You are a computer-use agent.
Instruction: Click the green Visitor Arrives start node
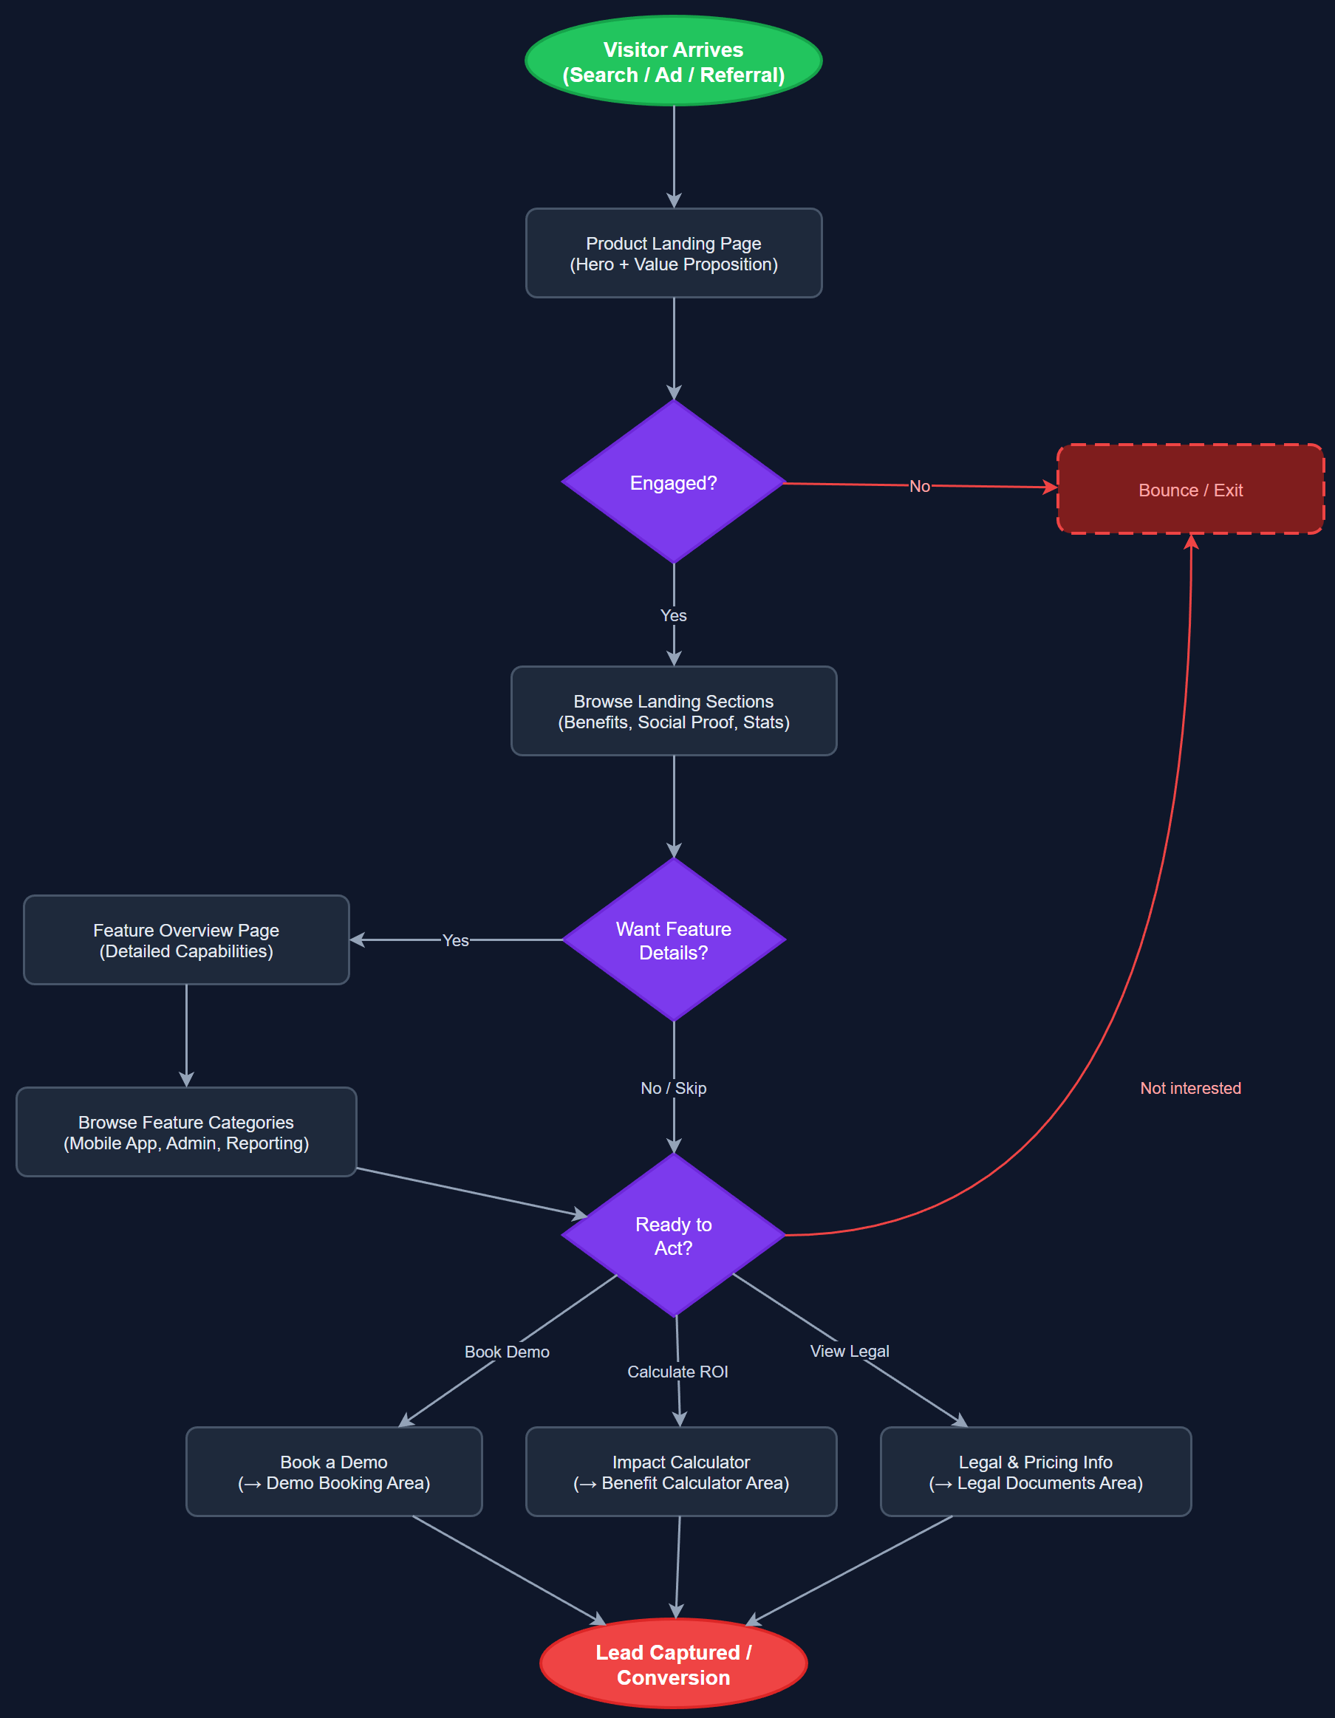click(x=673, y=61)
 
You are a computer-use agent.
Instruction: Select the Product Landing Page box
click(x=673, y=253)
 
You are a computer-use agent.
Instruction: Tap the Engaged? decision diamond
click(x=673, y=482)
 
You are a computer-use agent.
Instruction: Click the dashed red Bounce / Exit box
click(x=1190, y=489)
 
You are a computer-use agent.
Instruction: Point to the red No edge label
click(x=919, y=486)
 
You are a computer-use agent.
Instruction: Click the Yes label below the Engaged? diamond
click(x=673, y=615)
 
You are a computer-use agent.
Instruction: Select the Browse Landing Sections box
click(x=673, y=711)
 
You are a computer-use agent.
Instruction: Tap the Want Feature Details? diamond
click(x=673, y=940)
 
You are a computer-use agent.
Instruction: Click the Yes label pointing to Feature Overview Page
click(x=456, y=940)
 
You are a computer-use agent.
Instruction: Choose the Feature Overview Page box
click(x=186, y=940)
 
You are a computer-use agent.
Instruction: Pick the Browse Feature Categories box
click(x=186, y=1132)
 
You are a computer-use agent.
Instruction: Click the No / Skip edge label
click(x=673, y=1088)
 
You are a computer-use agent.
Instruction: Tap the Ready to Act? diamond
click(x=673, y=1235)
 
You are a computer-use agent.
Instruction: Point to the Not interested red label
click(x=1190, y=1088)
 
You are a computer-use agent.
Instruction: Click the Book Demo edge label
click(x=507, y=1352)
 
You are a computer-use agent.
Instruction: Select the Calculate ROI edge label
click(x=677, y=1371)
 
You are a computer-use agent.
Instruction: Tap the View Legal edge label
click(x=850, y=1351)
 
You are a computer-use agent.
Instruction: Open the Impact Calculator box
click(x=681, y=1472)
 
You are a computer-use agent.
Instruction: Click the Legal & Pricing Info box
click(x=1035, y=1472)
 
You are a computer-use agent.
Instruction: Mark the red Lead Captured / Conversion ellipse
click(x=673, y=1664)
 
